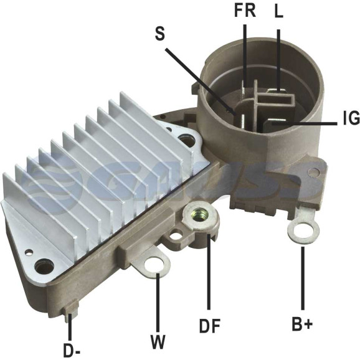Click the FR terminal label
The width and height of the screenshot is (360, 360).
point(245,11)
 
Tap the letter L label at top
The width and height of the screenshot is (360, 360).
point(279,11)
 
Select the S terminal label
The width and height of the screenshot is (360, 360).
point(160,34)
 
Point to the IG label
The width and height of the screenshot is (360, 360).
point(351,118)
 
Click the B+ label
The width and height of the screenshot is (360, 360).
point(302,324)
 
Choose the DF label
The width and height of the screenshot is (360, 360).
point(210,326)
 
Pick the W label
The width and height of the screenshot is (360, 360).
point(158,342)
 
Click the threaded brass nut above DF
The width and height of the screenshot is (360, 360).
point(198,215)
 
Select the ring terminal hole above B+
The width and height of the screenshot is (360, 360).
point(303,230)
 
